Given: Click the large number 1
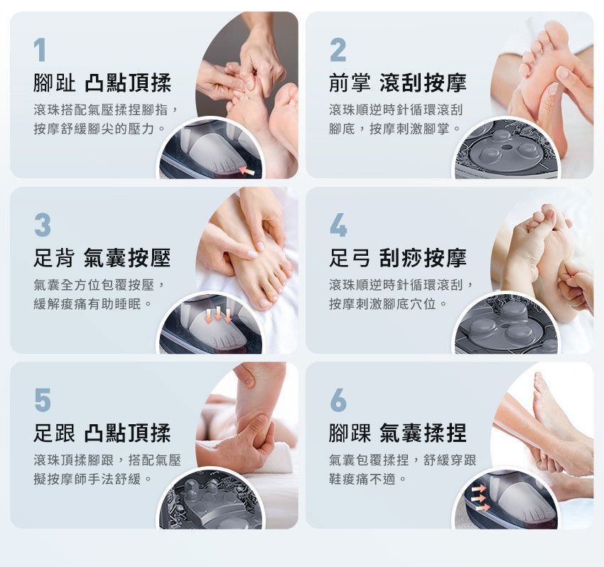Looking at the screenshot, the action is (x=40, y=50).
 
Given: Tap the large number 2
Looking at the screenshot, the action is (x=338, y=50).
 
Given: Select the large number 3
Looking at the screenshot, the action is (x=43, y=225).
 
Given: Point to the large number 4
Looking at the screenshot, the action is (x=338, y=225).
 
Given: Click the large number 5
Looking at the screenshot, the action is (x=43, y=400).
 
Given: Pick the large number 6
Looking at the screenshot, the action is (x=338, y=400).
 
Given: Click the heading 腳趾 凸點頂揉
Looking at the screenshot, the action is (x=102, y=83).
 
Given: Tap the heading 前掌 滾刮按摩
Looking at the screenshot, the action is (x=398, y=83).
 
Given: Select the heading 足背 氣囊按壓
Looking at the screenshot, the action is (x=102, y=258).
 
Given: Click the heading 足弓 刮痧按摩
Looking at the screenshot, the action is (x=398, y=258).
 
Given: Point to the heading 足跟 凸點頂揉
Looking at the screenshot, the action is (x=102, y=433).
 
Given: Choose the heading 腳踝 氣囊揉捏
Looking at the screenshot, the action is (x=398, y=433).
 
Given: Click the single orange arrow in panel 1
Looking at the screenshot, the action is (x=247, y=171).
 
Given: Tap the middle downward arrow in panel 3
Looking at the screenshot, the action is (x=218, y=313).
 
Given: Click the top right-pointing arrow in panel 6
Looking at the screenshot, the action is (x=479, y=489).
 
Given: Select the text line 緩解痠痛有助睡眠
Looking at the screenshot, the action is (x=92, y=304).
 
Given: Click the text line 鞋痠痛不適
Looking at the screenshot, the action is (x=368, y=479).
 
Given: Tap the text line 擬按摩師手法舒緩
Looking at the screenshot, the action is (x=92, y=479).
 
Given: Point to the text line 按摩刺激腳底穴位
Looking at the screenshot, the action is (x=388, y=304).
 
